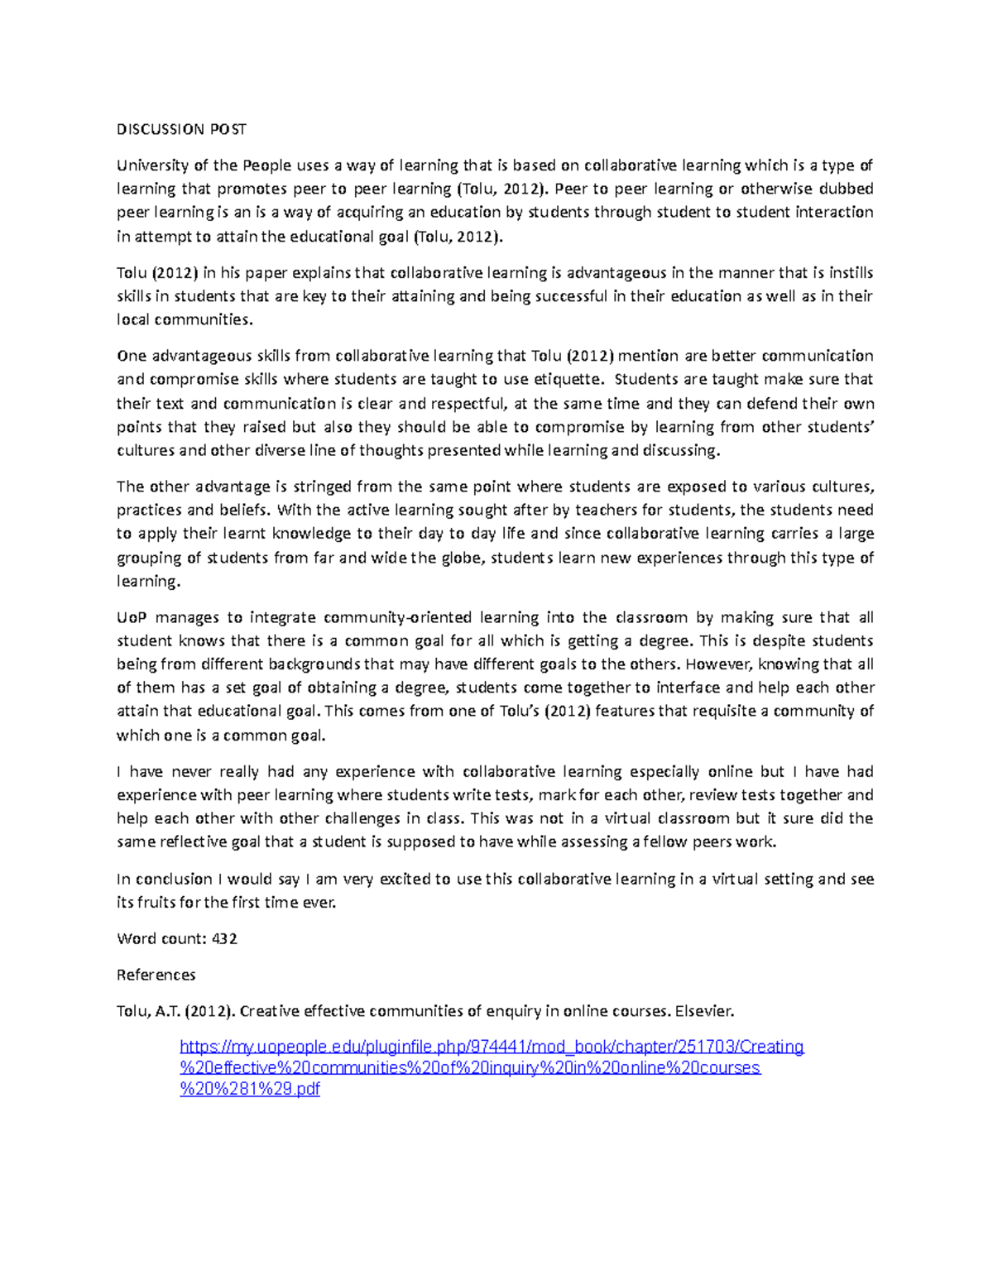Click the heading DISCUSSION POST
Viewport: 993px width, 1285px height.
pyautogui.click(x=181, y=129)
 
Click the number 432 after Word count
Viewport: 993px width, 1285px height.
pyautogui.click(x=224, y=939)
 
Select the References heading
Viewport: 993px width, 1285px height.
pyautogui.click(x=156, y=975)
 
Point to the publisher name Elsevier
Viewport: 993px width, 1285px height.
pyautogui.click(x=703, y=1011)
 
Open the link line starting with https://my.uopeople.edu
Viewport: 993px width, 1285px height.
pyautogui.click(x=492, y=1048)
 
